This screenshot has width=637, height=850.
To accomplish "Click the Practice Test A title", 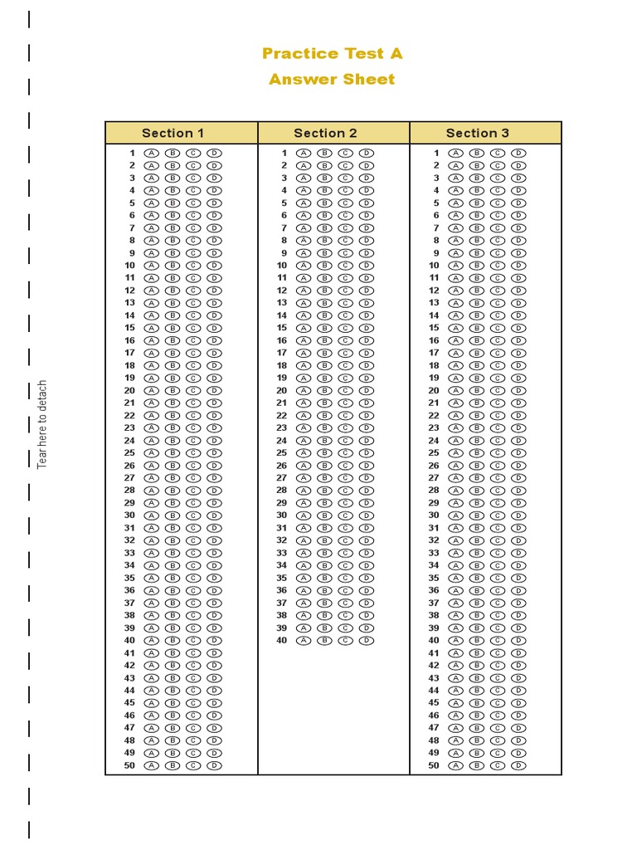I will pyautogui.click(x=332, y=54).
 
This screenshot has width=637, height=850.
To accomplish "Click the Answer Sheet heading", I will pyautogui.click(x=332, y=80).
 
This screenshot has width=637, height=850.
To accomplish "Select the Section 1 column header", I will pyautogui.click(x=173, y=133).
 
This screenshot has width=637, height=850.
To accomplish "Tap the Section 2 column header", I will pyautogui.click(x=325, y=133).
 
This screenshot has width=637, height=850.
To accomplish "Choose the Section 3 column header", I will pyautogui.click(x=478, y=133).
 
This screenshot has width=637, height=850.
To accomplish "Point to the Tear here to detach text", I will pyautogui.click(x=42, y=424).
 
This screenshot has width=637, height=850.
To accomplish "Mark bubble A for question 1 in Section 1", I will pyautogui.click(x=151, y=153).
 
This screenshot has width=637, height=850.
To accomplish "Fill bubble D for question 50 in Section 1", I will pyautogui.click(x=214, y=765).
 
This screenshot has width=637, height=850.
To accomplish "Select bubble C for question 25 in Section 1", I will pyautogui.click(x=193, y=453).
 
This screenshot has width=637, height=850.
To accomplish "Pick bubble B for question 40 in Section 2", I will pyautogui.click(x=324, y=641).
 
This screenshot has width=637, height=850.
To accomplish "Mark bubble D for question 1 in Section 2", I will pyautogui.click(x=367, y=153).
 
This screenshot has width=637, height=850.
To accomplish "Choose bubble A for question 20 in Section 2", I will pyautogui.click(x=304, y=390).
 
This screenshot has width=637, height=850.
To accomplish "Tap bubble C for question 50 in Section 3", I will pyautogui.click(x=498, y=765).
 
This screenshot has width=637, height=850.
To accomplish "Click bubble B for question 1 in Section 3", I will pyautogui.click(x=477, y=153).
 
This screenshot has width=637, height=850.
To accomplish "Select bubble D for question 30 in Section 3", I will pyautogui.click(x=518, y=515).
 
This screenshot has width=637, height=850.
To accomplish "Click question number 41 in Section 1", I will pyautogui.click(x=129, y=653).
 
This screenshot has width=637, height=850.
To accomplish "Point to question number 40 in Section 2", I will pyautogui.click(x=281, y=641).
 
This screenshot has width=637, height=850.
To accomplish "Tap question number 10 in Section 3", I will pyautogui.click(x=434, y=266).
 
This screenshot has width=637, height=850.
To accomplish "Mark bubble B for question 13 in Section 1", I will pyautogui.click(x=173, y=303).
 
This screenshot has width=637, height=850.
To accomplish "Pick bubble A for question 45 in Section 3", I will pyautogui.click(x=455, y=703).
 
